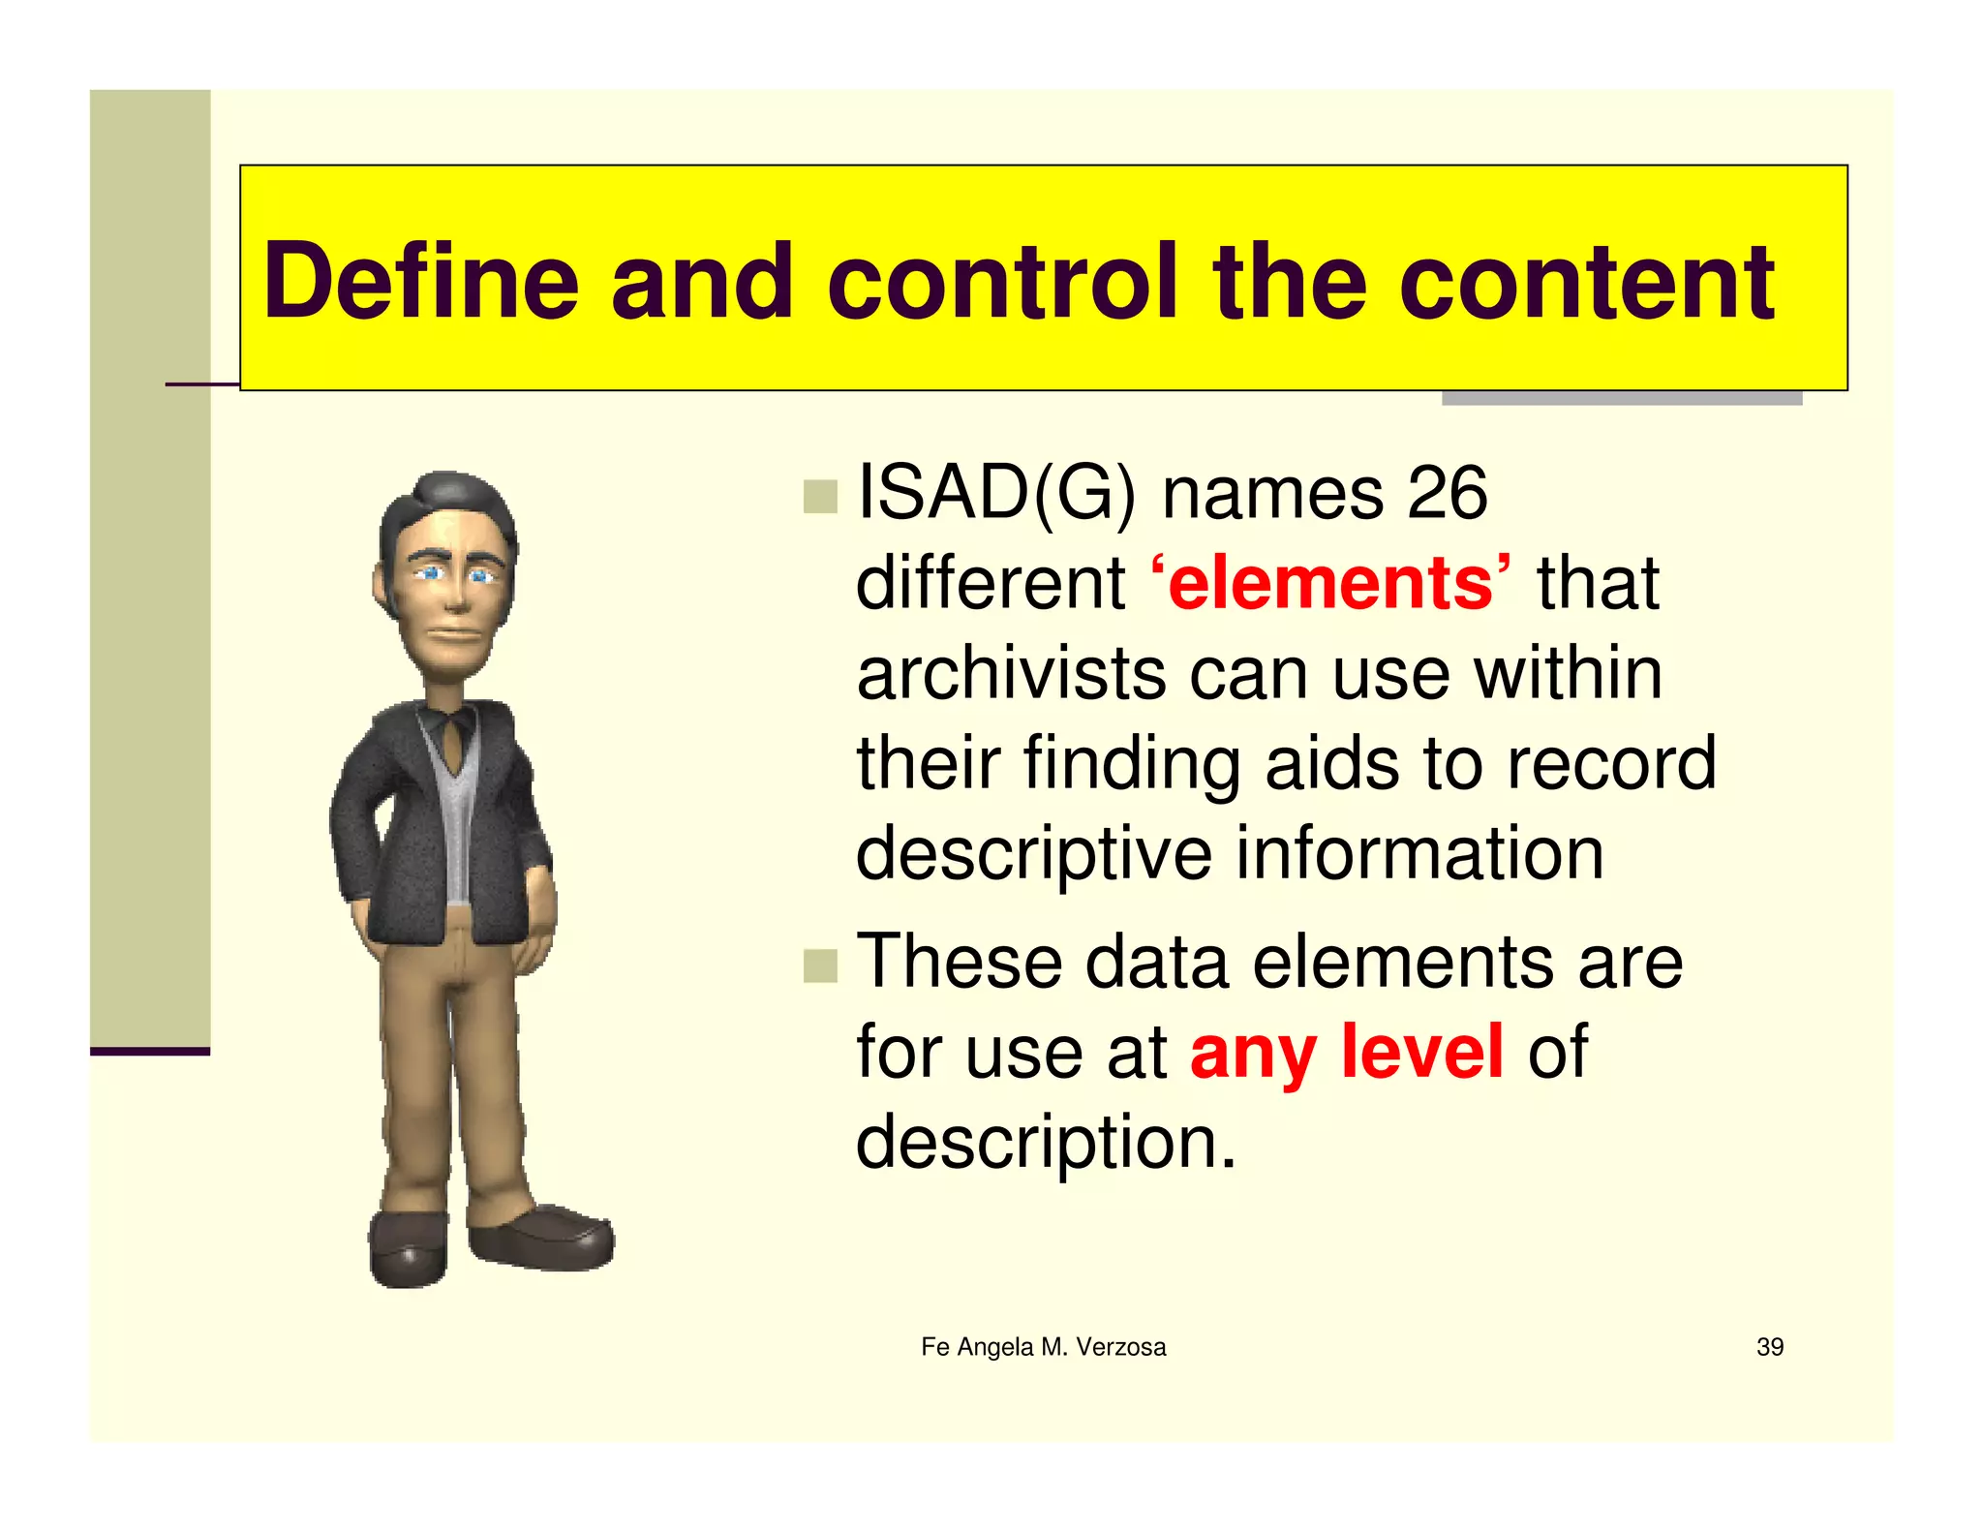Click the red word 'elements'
click(x=1330, y=583)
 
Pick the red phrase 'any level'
click(x=1346, y=1052)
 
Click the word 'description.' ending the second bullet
click(x=1046, y=1143)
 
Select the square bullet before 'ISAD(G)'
click(x=820, y=497)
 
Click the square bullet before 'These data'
click(x=820, y=965)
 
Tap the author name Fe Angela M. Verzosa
click(x=1043, y=1347)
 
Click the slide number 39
click(x=1769, y=1347)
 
